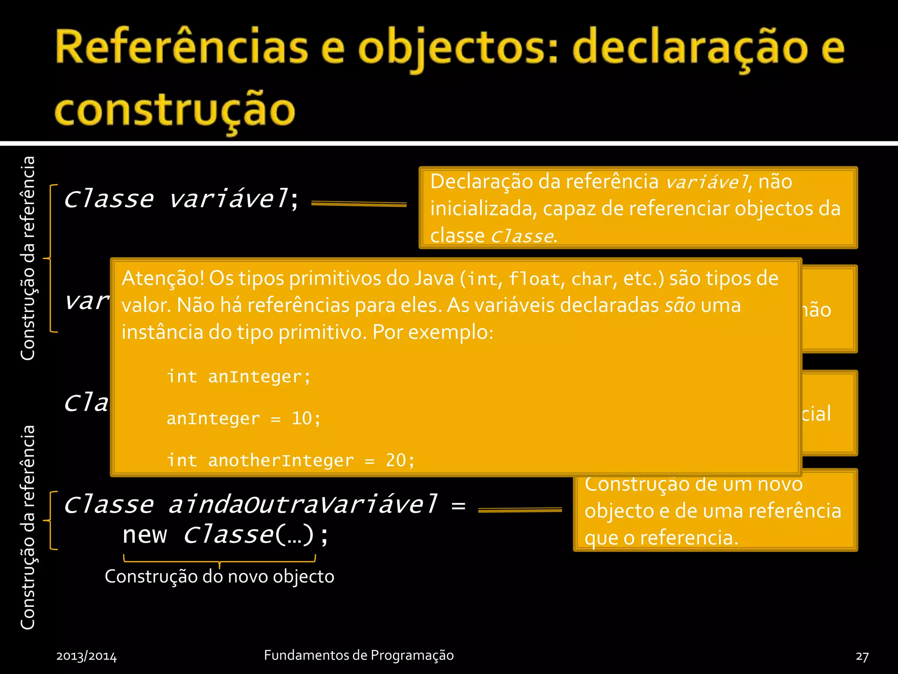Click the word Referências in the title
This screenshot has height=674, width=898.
coord(182,47)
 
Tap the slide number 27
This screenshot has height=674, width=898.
coord(862,656)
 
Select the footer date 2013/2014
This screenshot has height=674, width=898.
coord(86,656)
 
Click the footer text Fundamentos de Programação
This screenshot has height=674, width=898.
coord(359,655)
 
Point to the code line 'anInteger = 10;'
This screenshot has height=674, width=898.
coord(243,419)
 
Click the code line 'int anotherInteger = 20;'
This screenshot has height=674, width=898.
coord(290,460)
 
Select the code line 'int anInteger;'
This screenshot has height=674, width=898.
coord(239,377)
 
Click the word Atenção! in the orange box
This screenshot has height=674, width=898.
coord(163,278)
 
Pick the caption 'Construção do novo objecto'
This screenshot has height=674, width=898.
coord(219,577)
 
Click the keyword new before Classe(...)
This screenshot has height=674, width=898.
coord(145,535)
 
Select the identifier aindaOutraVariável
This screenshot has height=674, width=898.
coord(303,505)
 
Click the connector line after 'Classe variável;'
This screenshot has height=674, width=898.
coord(359,204)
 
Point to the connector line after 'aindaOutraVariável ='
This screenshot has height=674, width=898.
coord(520,510)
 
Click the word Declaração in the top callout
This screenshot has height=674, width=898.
coord(481,182)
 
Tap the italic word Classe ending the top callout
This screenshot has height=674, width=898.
coord(521,237)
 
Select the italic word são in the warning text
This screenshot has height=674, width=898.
coord(680,305)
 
